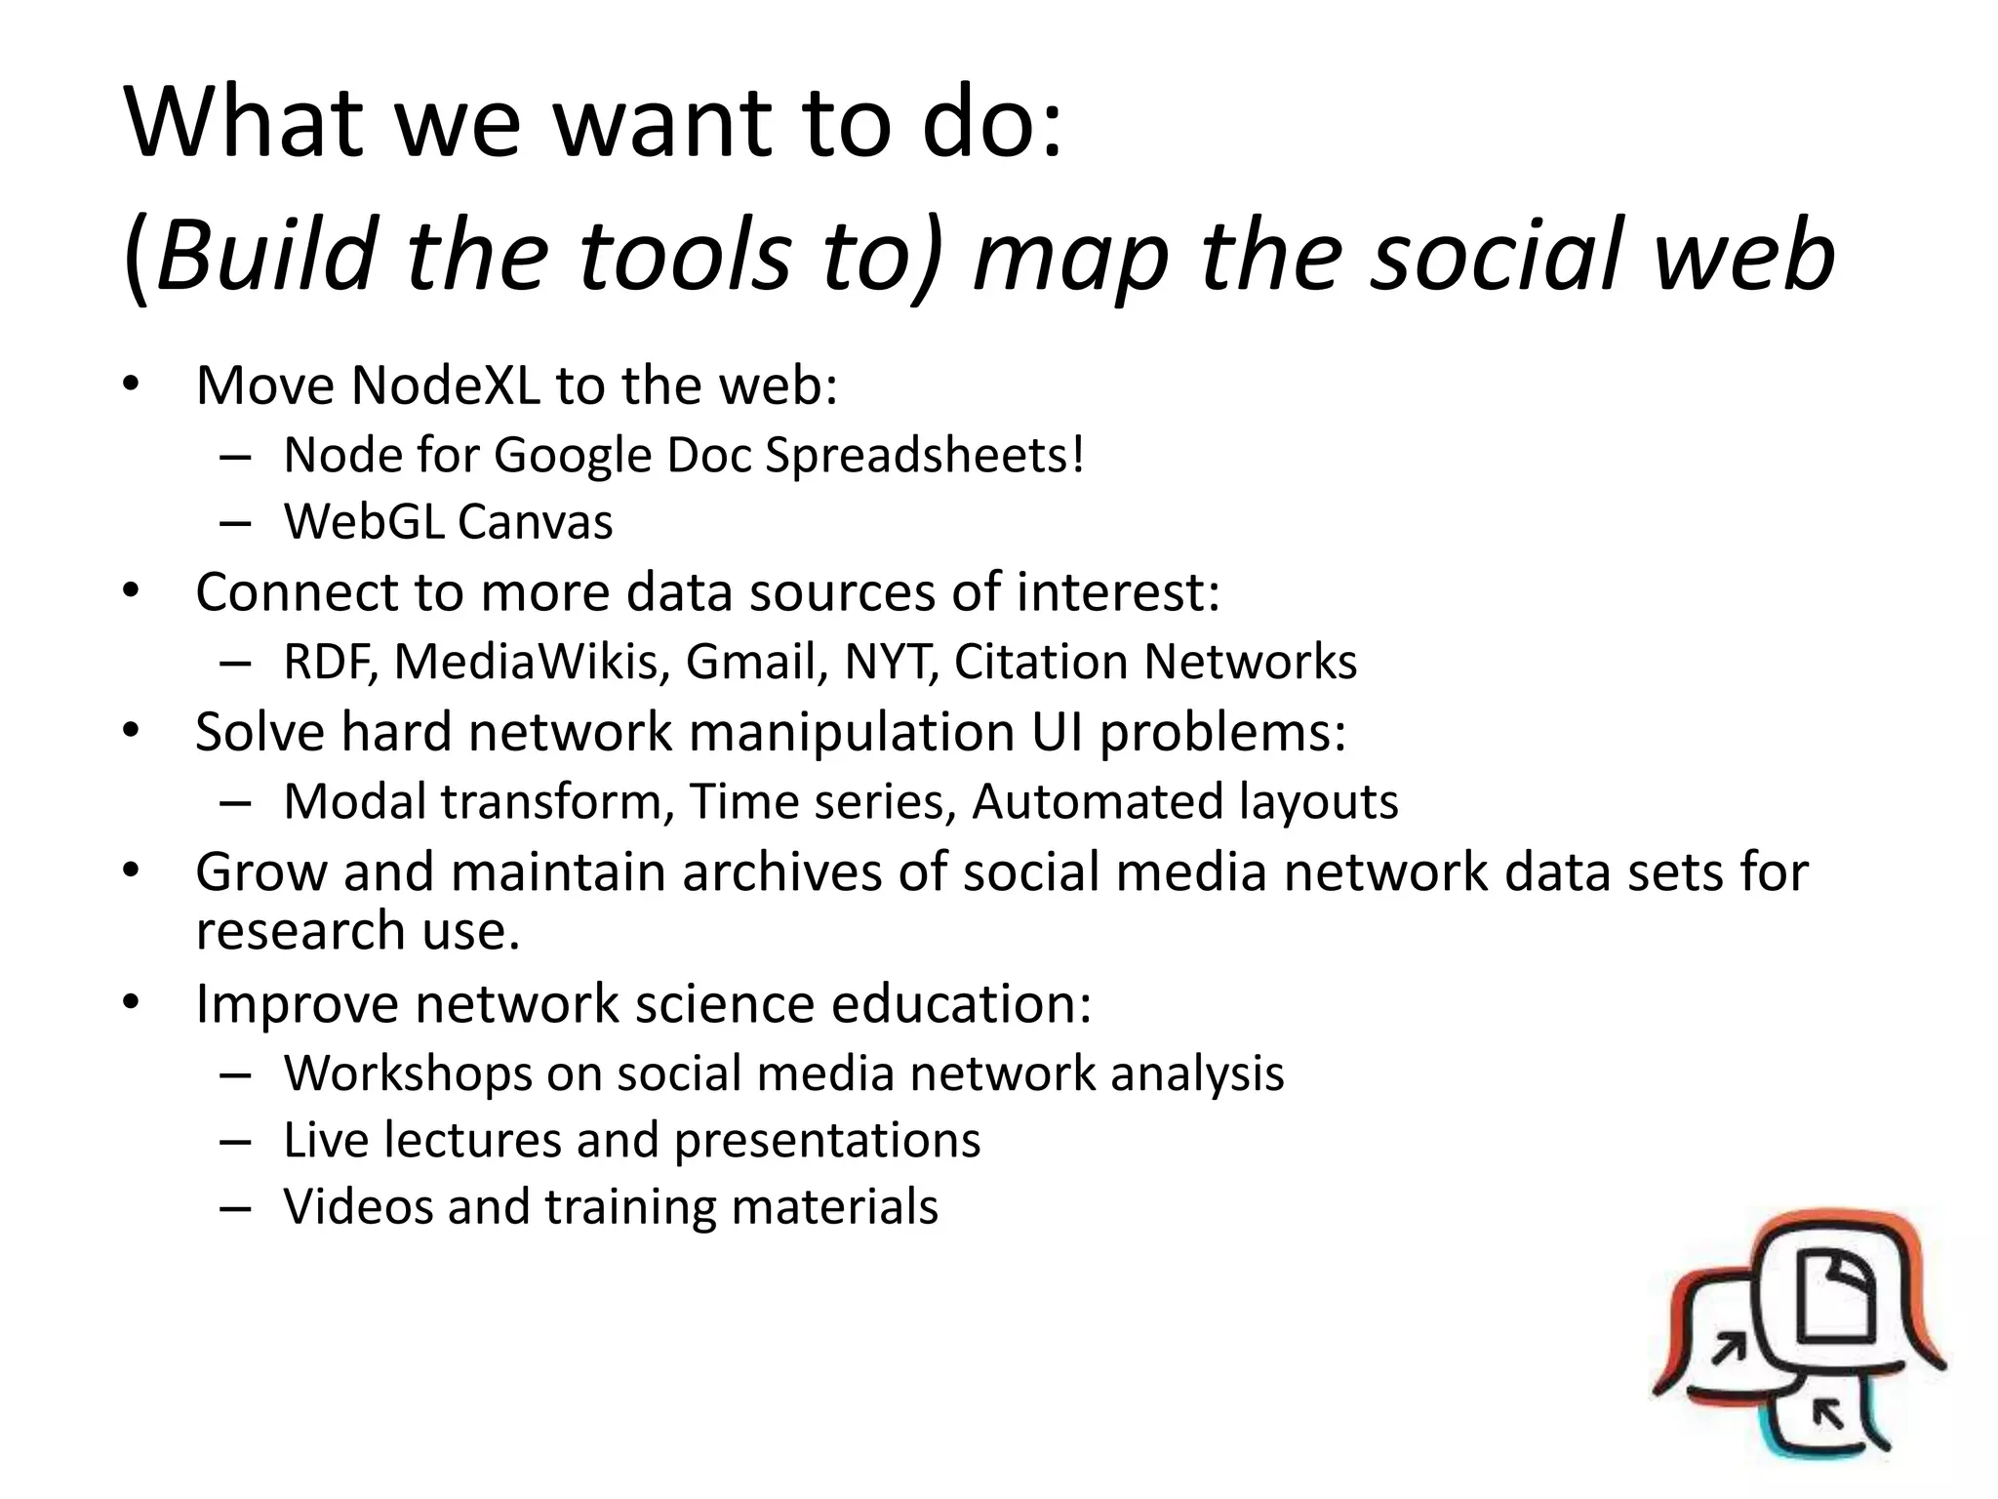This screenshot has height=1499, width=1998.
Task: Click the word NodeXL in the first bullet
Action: (x=445, y=385)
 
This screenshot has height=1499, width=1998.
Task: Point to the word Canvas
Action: (x=535, y=521)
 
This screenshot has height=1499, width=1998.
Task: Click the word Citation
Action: (x=1041, y=662)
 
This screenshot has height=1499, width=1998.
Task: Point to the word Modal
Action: (x=355, y=801)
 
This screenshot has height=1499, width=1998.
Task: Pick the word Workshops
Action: (x=407, y=1074)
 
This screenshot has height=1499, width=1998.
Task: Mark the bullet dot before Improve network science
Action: (x=132, y=1002)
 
